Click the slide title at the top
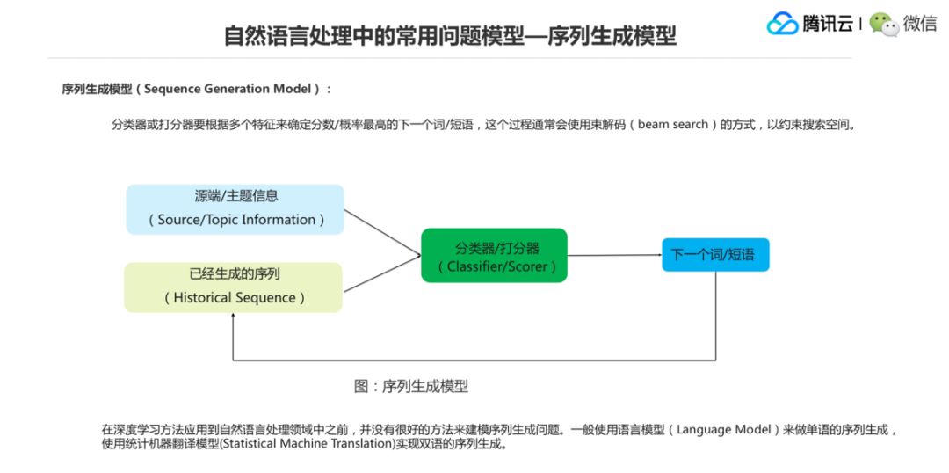pyautogui.click(x=450, y=36)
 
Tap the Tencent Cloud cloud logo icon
pyautogui.click(x=782, y=24)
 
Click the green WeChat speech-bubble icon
pyautogui.click(x=884, y=24)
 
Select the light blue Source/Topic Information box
pyautogui.click(x=235, y=208)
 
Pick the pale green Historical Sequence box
pyautogui.click(x=233, y=287)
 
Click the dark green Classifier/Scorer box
pyautogui.click(x=494, y=255)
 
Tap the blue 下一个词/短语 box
pyautogui.click(x=714, y=255)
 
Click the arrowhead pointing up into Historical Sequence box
pyautogui.click(x=233, y=318)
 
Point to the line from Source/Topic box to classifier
pyautogui.click(x=382, y=232)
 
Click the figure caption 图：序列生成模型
pyautogui.click(x=411, y=386)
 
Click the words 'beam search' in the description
pyautogui.click(x=672, y=125)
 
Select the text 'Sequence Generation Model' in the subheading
pyautogui.click(x=228, y=89)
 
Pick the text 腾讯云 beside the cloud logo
pyautogui.click(x=827, y=24)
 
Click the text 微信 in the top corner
pyautogui.click(x=920, y=24)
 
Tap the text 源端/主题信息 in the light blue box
pyautogui.click(x=235, y=196)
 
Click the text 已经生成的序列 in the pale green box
pyautogui.click(x=235, y=273)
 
